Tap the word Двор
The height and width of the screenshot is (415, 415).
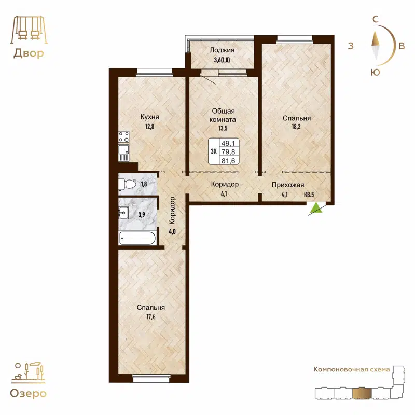[x=28, y=53]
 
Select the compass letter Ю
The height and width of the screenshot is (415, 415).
[x=375, y=73]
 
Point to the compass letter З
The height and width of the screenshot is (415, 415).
[x=351, y=46]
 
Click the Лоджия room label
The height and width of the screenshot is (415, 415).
[x=223, y=50]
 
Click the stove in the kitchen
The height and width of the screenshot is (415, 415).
[x=125, y=137]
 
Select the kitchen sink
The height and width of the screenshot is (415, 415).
[x=124, y=153]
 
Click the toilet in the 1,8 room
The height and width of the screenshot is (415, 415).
[x=127, y=184]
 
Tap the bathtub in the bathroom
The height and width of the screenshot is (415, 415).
[x=137, y=239]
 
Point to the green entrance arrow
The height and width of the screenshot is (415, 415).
[x=315, y=209]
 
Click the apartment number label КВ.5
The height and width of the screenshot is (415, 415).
[x=309, y=195]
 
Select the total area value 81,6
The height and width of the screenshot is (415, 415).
[x=227, y=160]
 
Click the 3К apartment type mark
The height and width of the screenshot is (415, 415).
[x=213, y=151]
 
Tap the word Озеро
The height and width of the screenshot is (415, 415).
[x=29, y=393]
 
